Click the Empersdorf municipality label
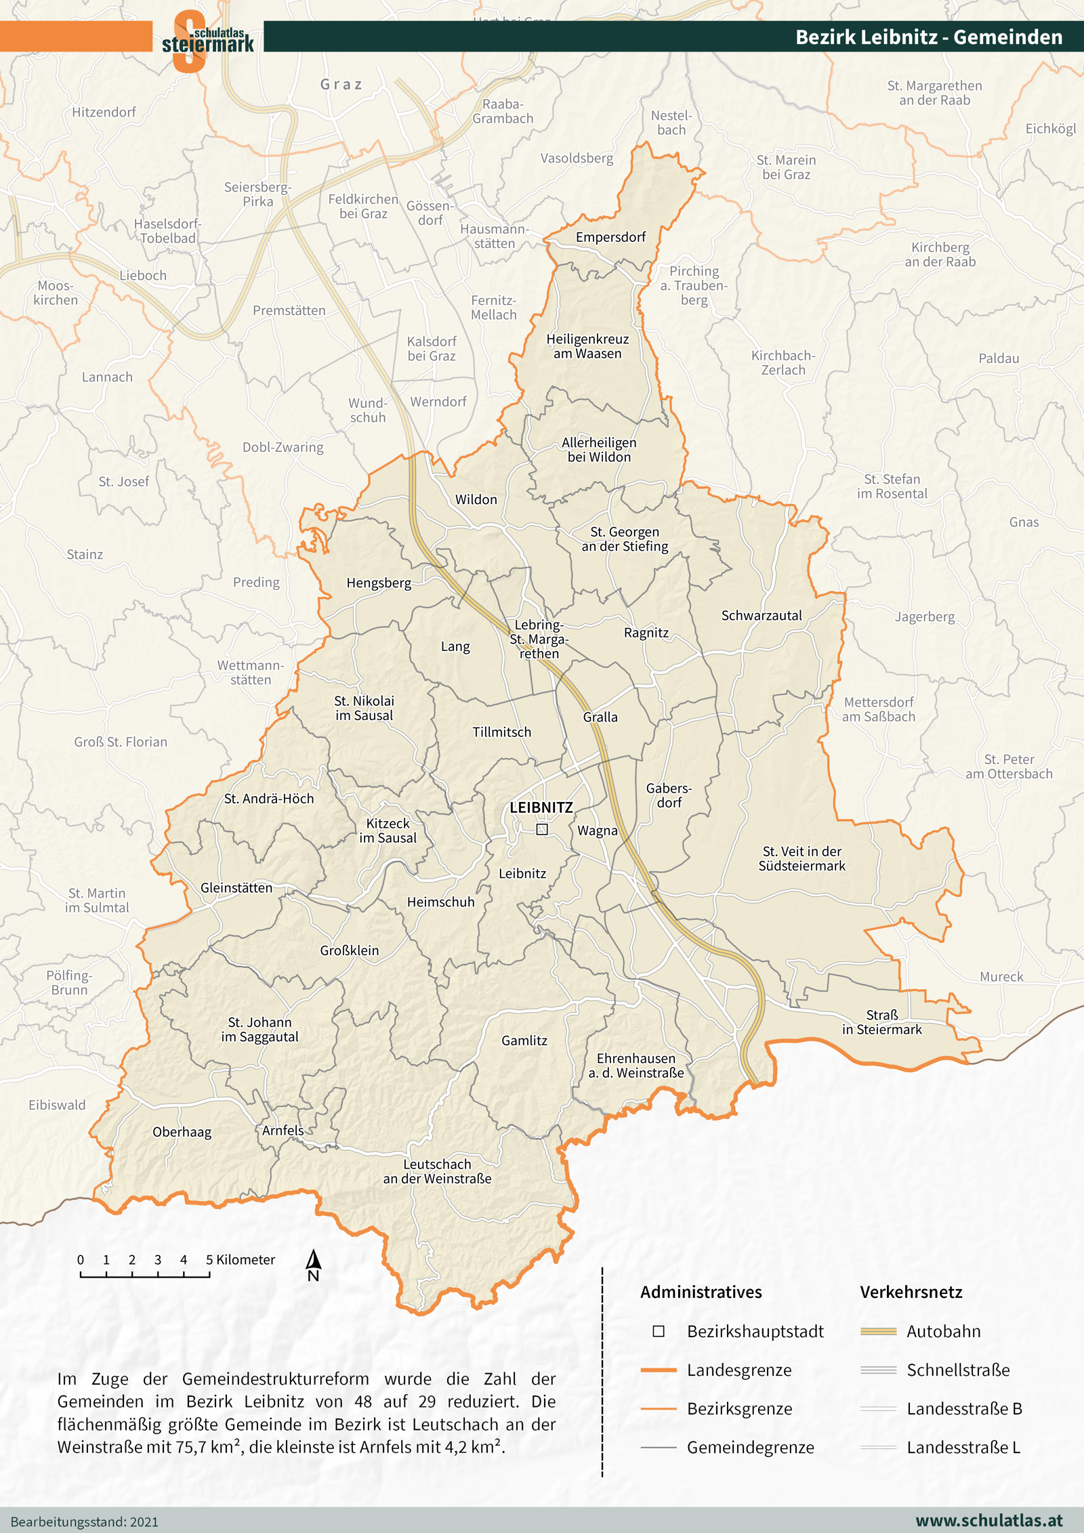pyautogui.click(x=610, y=237)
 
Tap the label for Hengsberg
pyautogui.click(x=379, y=583)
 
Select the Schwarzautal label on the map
pyautogui.click(x=761, y=616)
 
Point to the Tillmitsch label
pyautogui.click(x=501, y=732)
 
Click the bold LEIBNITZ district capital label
pyautogui.click(x=541, y=807)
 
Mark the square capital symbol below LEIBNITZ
pyautogui.click(x=542, y=829)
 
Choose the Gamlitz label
pyautogui.click(x=524, y=1041)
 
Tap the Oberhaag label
pyautogui.click(x=182, y=1133)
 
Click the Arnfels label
pyautogui.click(x=283, y=1131)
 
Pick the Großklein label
pyautogui.click(x=350, y=951)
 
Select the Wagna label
pyautogui.click(x=597, y=831)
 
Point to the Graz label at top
pyautogui.click(x=341, y=85)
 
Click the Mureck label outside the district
pyautogui.click(x=1001, y=977)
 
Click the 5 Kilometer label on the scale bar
pyautogui.click(x=241, y=1260)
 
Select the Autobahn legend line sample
pyautogui.click(x=878, y=1332)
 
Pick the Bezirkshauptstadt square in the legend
pyautogui.click(x=659, y=1332)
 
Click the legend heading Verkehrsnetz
pyautogui.click(x=911, y=1292)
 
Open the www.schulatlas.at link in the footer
pyautogui.click(x=988, y=1520)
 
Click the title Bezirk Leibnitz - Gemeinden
pyautogui.click(x=928, y=37)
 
